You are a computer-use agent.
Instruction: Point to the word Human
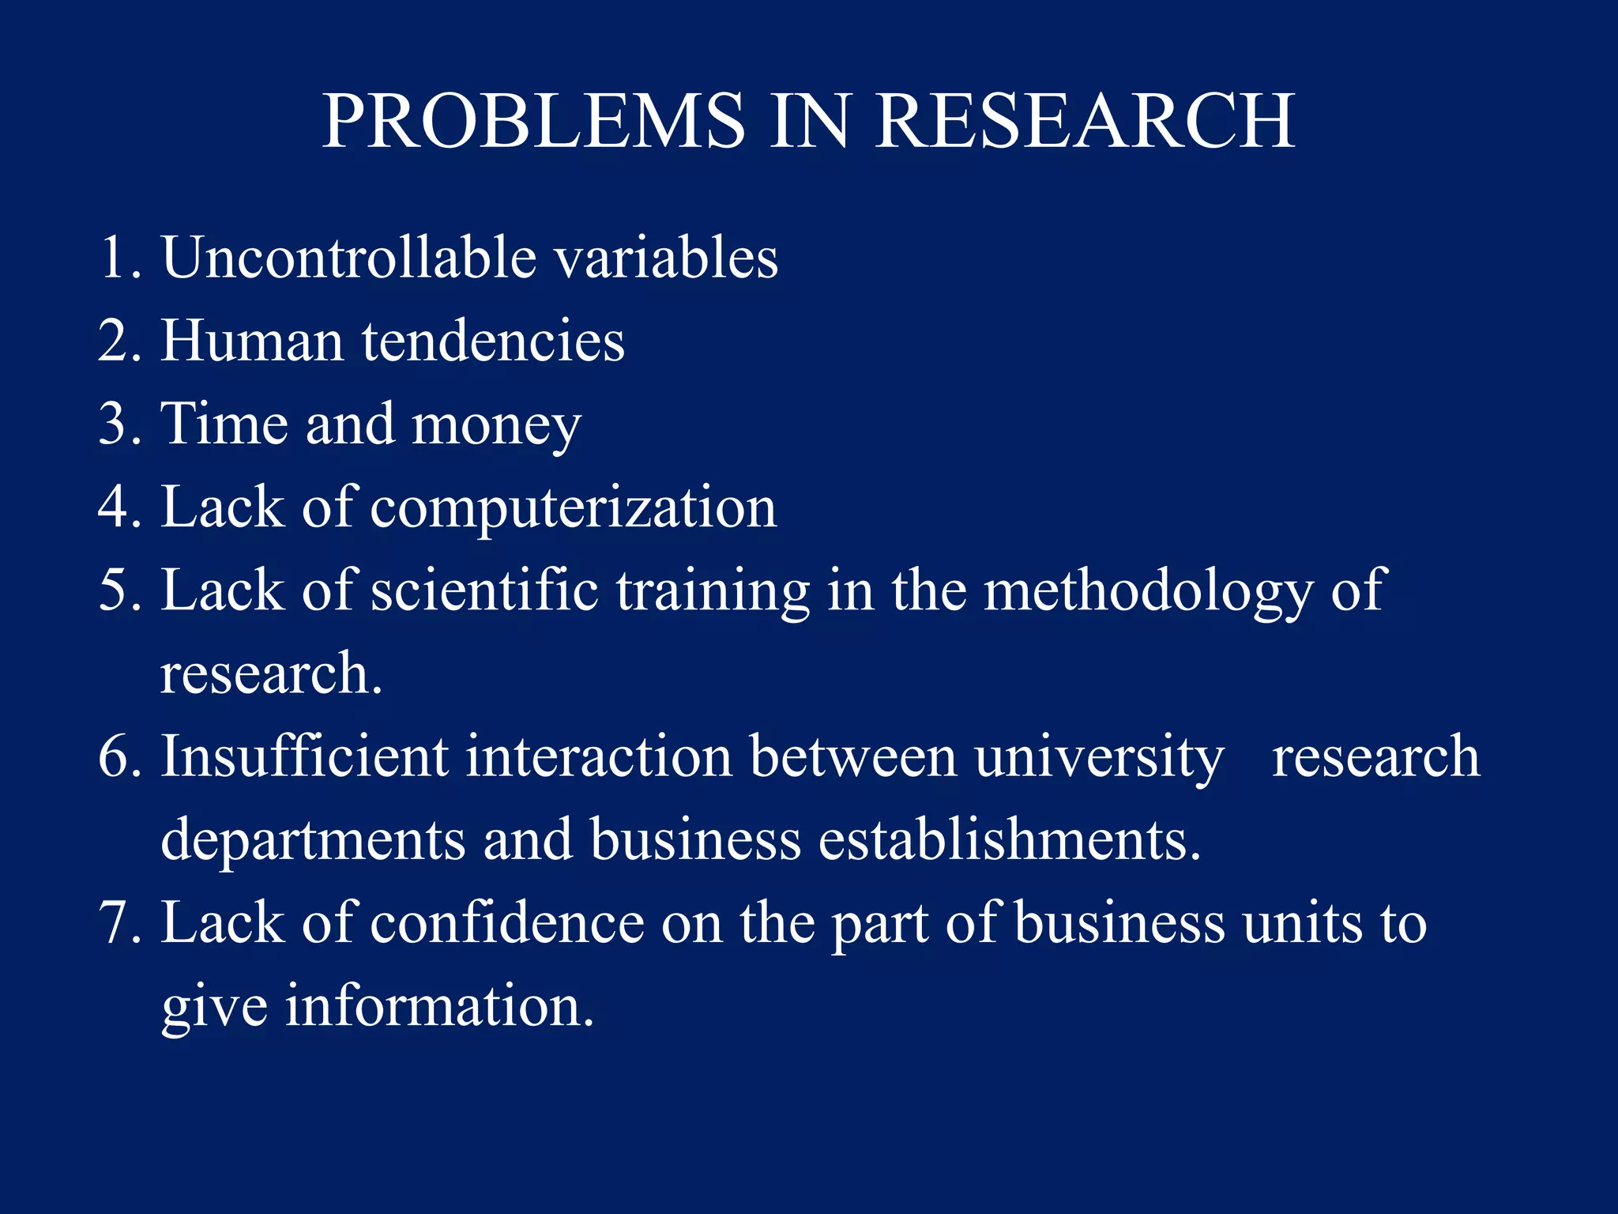point(252,341)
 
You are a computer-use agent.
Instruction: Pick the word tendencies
point(493,341)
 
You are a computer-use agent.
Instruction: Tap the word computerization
point(574,509)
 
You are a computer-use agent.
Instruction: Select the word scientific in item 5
point(484,590)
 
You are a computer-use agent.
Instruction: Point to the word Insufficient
point(304,756)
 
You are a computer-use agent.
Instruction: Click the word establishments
point(1009,839)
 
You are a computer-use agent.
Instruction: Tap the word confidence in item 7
point(507,923)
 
